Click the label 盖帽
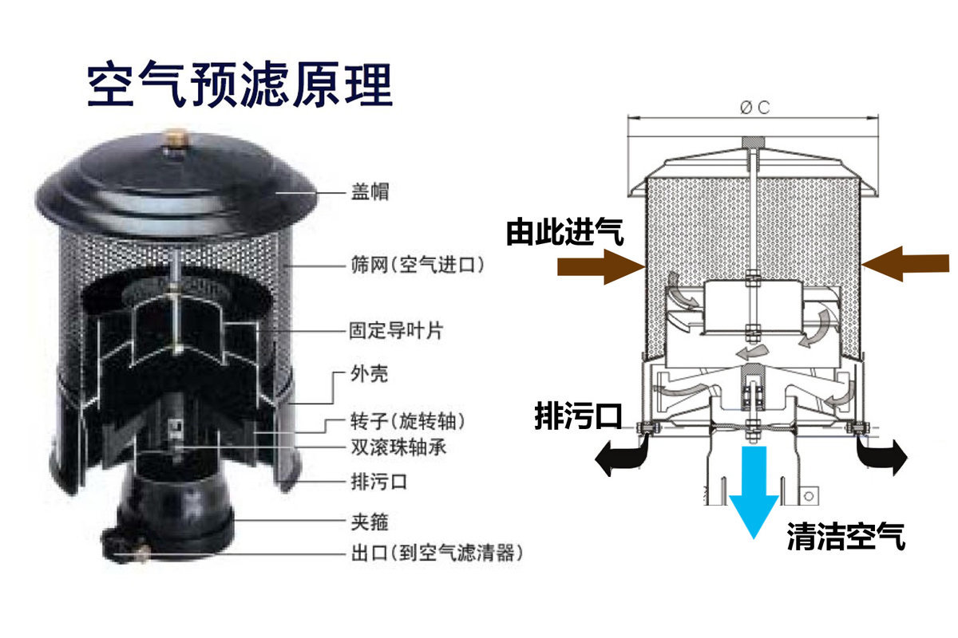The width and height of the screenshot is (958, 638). [370, 192]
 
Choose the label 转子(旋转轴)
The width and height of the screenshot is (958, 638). [407, 420]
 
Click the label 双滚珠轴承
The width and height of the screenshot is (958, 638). [398, 447]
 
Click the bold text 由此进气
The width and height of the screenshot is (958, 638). [565, 233]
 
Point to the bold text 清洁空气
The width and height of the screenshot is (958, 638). [846, 537]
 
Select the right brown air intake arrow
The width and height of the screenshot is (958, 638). [906, 264]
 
